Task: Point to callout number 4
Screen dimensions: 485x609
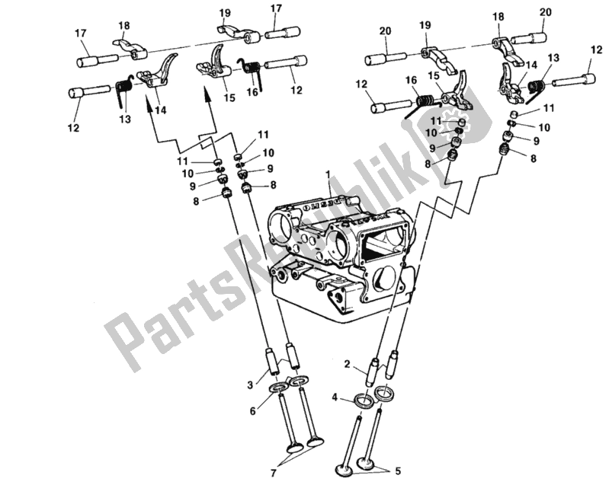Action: [x=333, y=397]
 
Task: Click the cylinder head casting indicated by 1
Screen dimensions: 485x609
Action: [x=335, y=244]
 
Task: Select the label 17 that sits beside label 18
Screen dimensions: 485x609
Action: [x=80, y=34]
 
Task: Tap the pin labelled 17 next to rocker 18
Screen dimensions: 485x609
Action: [x=95, y=59]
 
